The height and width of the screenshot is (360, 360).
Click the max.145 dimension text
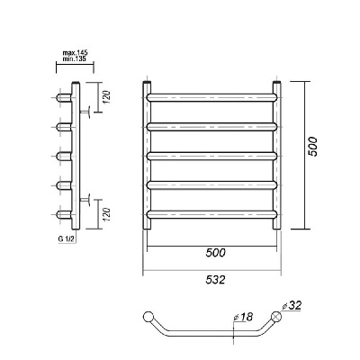click(x=75, y=53)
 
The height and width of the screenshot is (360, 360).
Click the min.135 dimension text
click(x=75, y=58)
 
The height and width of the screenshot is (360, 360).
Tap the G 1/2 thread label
click(x=66, y=239)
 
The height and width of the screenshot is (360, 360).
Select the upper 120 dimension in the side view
click(x=108, y=97)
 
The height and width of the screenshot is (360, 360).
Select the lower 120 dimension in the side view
click(x=108, y=215)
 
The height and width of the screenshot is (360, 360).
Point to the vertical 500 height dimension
click(x=313, y=147)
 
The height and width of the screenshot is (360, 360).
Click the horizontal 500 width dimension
click(x=215, y=253)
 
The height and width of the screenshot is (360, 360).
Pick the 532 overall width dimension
click(x=215, y=280)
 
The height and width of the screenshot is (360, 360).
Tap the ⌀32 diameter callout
click(x=292, y=306)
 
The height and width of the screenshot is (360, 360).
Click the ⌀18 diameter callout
click(x=243, y=317)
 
